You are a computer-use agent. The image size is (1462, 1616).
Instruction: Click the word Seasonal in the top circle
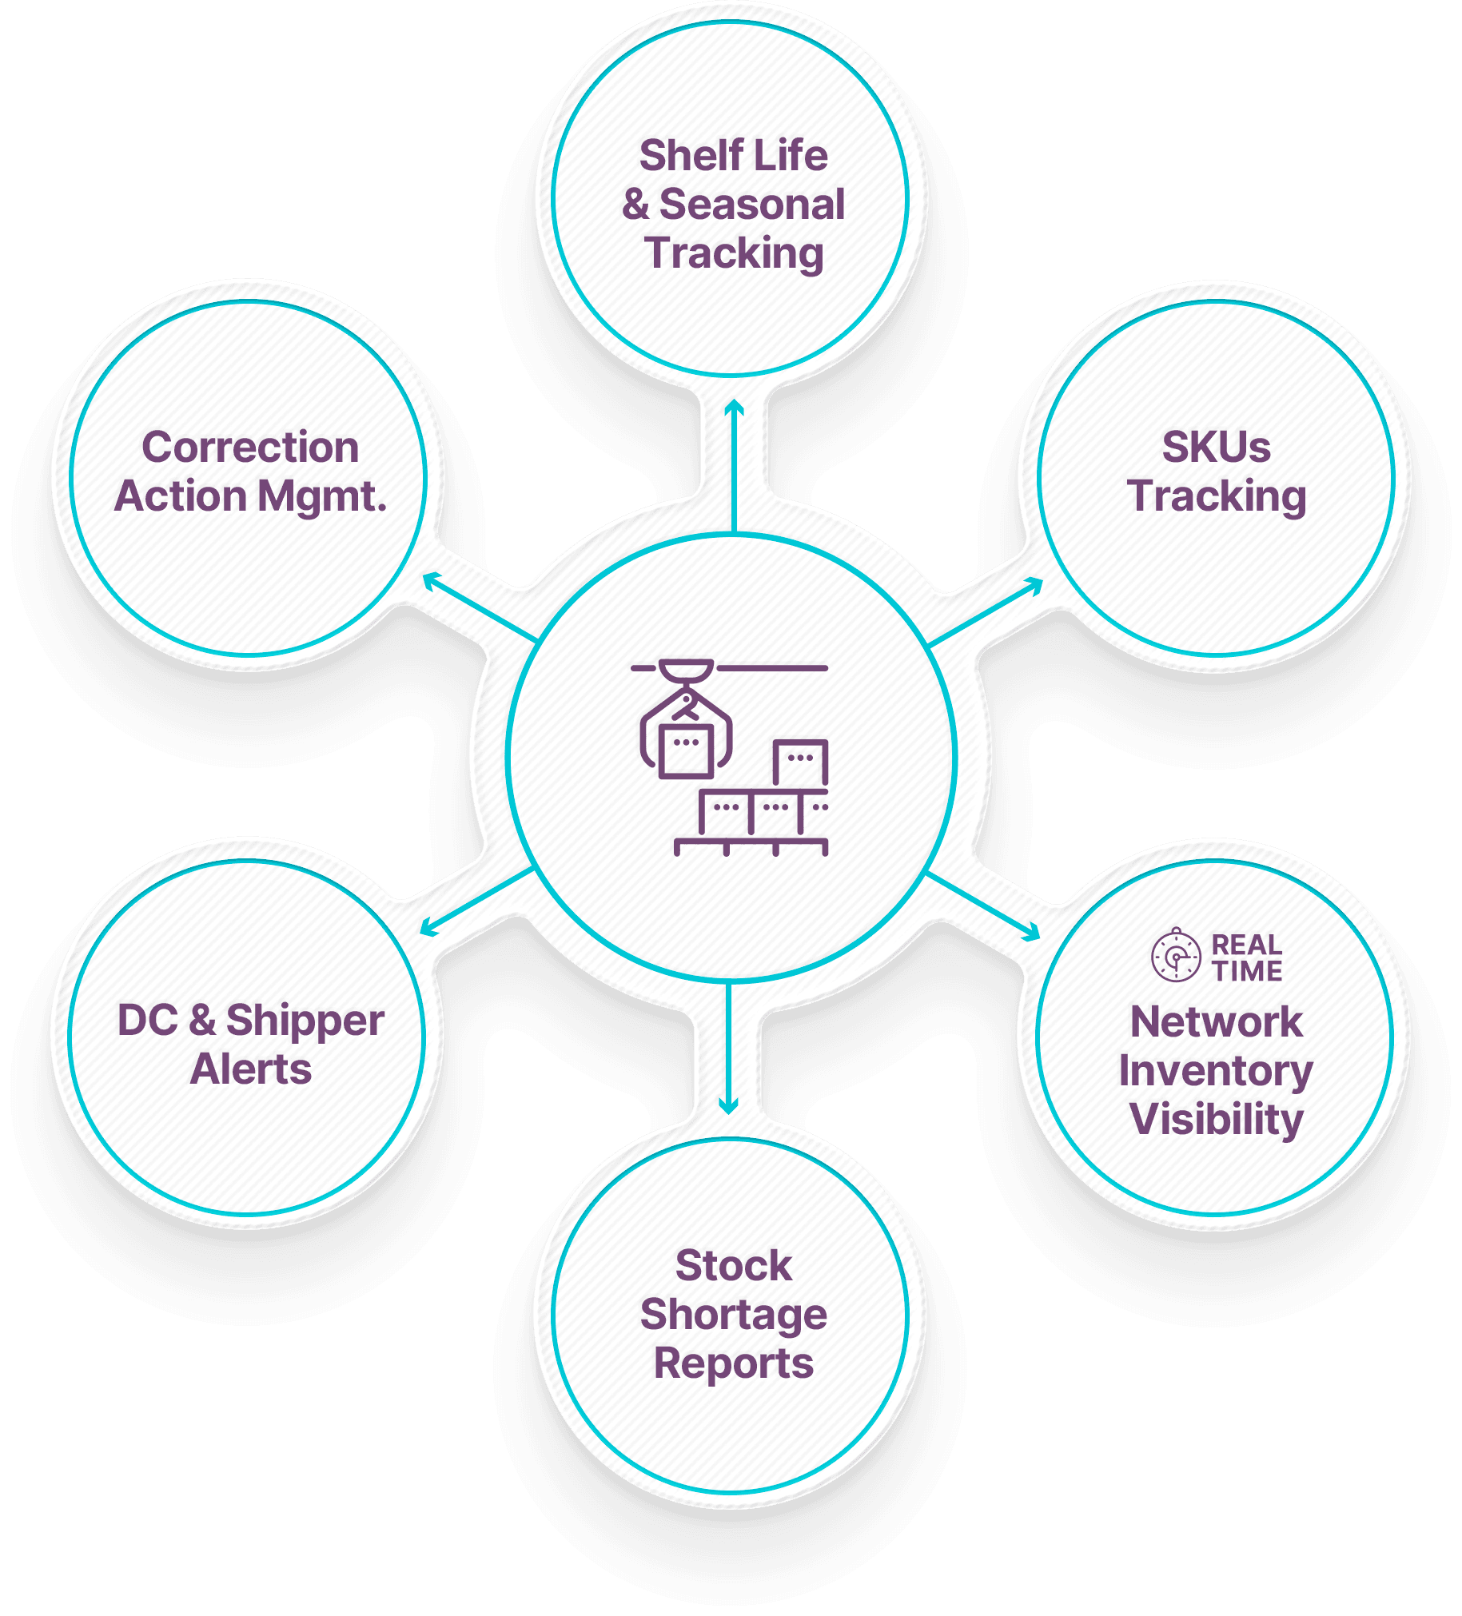click(x=751, y=205)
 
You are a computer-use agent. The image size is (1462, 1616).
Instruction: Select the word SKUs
click(x=1216, y=447)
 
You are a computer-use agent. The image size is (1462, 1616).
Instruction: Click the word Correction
click(x=250, y=447)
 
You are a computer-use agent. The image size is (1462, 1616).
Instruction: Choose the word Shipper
click(x=305, y=1021)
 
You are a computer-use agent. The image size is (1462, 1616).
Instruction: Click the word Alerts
click(x=250, y=1069)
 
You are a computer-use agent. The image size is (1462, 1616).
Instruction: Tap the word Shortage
click(x=734, y=1315)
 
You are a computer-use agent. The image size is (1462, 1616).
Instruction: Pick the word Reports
click(x=734, y=1363)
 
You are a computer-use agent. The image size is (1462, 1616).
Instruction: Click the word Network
click(x=1216, y=1022)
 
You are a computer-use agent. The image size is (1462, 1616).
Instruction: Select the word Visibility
click(x=1216, y=1119)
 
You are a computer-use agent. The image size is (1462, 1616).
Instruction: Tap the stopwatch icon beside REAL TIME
click(x=1175, y=956)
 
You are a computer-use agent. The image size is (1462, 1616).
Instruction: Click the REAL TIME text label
click(x=1246, y=958)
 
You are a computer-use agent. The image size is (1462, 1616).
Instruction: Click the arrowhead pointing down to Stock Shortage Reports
click(x=727, y=1107)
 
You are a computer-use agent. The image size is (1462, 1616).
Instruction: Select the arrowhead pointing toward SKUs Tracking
click(x=1035, y=584)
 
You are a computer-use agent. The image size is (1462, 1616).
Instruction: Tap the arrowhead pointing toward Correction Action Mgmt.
click(x=430, y=579)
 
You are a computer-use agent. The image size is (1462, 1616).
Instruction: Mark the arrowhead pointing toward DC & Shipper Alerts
click(x=428, y=928)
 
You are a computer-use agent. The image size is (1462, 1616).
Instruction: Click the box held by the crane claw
click(x=685, y=750)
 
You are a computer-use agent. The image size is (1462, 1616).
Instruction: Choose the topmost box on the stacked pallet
click(x=800, y=762)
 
